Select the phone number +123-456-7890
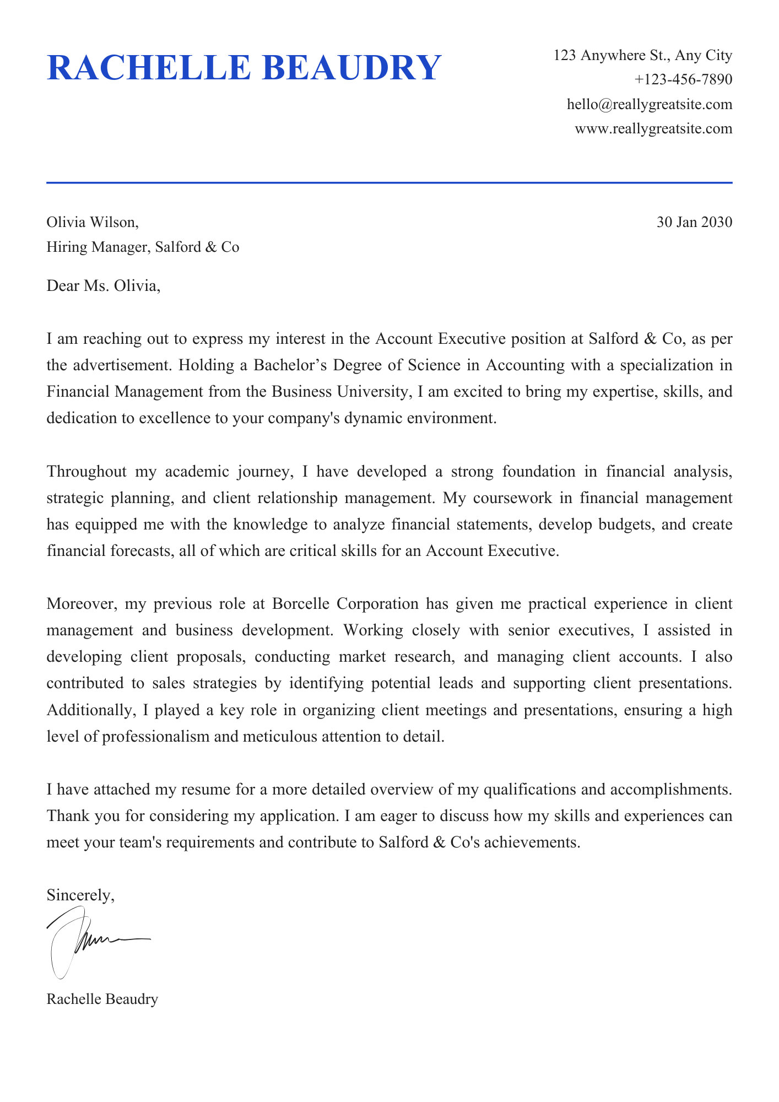[x=683, y=80]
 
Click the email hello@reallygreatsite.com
[x=650, y=104]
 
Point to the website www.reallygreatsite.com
[x=653, y=129]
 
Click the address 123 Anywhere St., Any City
[x=643, y=56]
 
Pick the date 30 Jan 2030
[x=694, y=223]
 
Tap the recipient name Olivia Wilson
[x=92, y=223]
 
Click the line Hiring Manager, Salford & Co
[x=143, y=247]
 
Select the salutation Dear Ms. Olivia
[x=103, y=287]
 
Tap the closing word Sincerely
[x=80, y=895]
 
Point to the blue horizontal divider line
[x=389, y=182]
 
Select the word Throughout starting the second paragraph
[x=86, y=472]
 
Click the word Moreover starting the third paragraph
[x=82, y=604]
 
